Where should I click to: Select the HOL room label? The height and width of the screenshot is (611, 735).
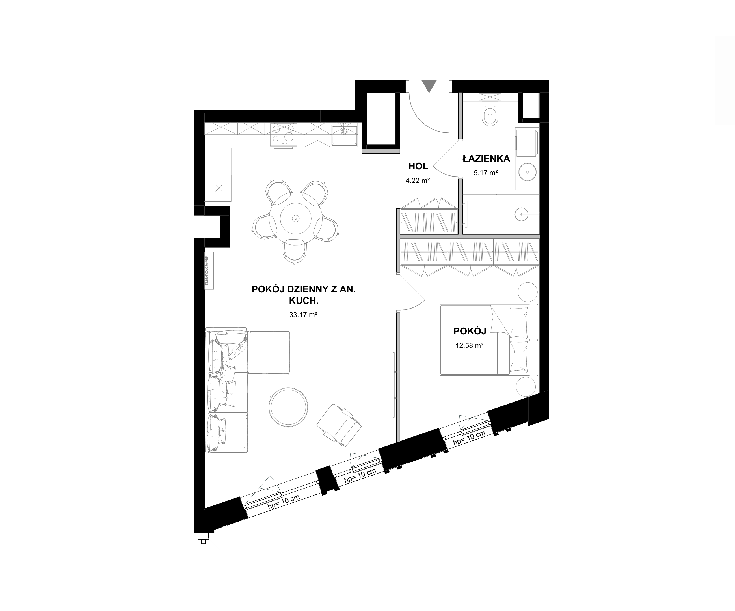pos(418,166)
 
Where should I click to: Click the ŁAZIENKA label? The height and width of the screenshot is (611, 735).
pos(486,159)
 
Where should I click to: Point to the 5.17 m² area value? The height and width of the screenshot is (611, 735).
pos(486,173)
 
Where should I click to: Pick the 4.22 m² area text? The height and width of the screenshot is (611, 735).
pos(418,181)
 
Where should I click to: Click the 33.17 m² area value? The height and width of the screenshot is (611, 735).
pos(303,315)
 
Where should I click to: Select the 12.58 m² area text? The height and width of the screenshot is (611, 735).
pos(469,346)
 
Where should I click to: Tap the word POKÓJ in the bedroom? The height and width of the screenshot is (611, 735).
pos(470,331)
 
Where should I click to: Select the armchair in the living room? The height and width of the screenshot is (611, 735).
pos(339,425)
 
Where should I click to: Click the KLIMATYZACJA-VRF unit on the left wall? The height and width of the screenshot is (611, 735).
pos(209,271)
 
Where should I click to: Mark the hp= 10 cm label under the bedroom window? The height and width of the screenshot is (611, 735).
pos(469,438)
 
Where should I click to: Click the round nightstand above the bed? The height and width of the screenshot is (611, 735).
pos(528,292)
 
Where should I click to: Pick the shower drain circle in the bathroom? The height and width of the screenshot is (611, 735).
pos(523,214)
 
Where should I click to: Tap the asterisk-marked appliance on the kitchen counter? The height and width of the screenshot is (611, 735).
pos(219,188)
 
